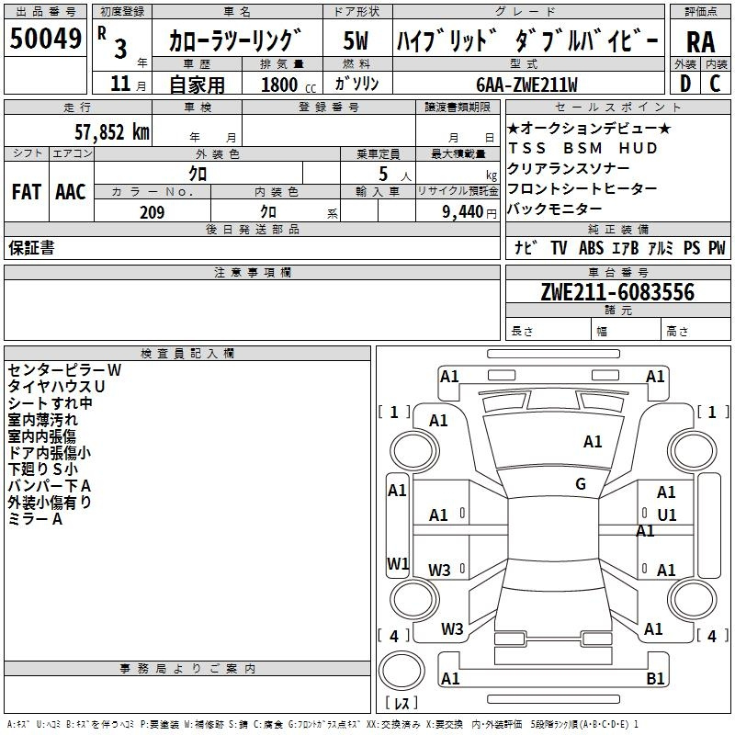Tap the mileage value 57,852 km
point(101,132)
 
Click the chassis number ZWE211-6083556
point(617,293)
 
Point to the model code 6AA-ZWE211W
point(526,85)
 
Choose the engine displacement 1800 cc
point(280,85)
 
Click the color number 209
point(152,212)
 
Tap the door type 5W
point(356,41)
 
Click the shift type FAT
point(26,192)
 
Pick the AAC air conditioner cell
point(71,192)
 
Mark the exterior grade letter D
point(684,84)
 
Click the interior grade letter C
point(715,84)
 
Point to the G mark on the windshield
point(581,484)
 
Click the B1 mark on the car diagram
point(655,679)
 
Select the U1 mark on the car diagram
point(666,515)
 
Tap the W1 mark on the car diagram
point(397,563)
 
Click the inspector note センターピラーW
point(64,369)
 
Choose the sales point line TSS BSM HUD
point(582,148)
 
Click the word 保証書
point(31,248)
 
